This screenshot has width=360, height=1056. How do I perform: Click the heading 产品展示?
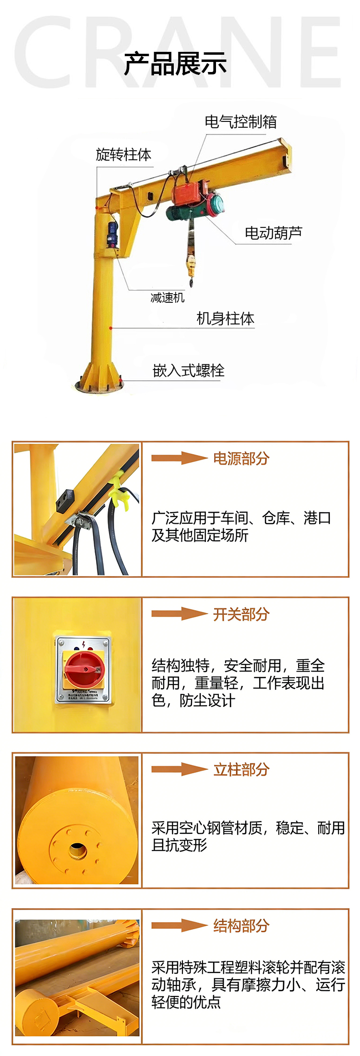click(175, 64)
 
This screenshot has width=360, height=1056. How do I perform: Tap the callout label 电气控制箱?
click(240, 122)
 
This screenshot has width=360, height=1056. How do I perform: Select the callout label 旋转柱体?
click(123, 155)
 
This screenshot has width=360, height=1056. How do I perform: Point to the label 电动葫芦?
click(273, 233)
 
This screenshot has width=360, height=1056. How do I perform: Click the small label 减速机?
click(168, 298)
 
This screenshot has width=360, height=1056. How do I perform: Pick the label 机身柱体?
click(225, 318)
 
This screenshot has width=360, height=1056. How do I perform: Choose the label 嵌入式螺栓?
click(188, 371)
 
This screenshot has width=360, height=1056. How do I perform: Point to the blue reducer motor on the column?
click(113, 234)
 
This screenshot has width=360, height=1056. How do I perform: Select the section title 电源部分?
click(241, 458)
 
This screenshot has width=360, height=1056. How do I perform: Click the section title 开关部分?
click(241, 614)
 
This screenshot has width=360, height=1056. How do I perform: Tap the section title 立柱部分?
click(241, 769)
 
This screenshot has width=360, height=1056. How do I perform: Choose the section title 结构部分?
click(241, 925)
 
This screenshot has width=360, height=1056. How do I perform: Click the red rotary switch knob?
click(82, 668)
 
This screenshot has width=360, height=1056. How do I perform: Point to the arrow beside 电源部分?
click(179, 458)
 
